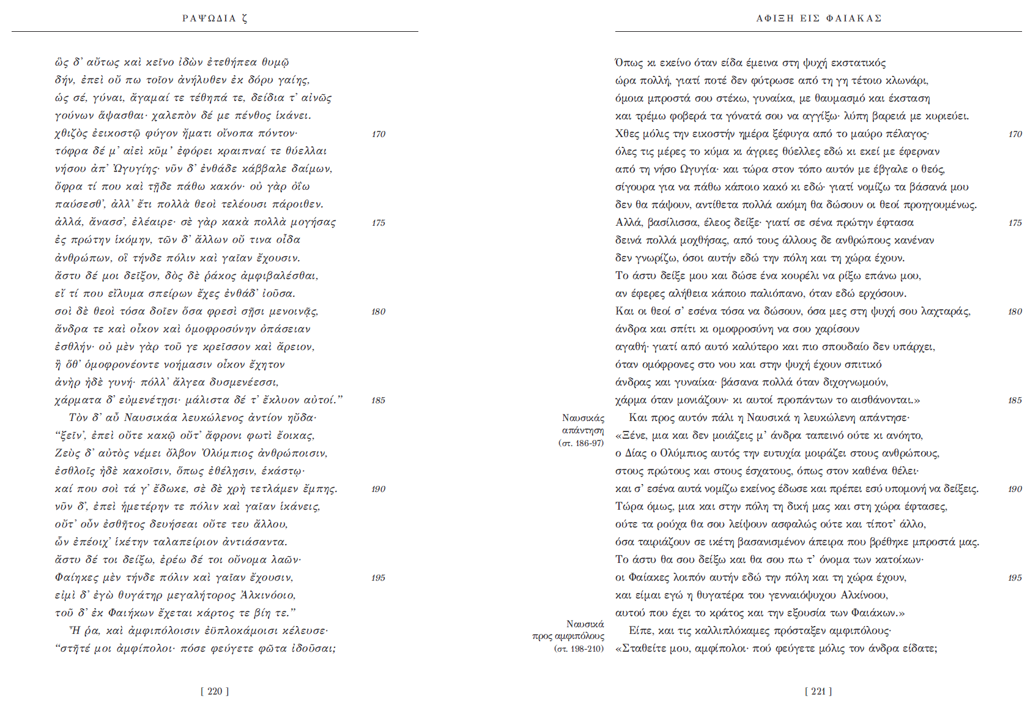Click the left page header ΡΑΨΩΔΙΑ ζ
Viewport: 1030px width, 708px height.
(215, 18)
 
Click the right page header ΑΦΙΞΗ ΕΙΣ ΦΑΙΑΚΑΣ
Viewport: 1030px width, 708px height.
(818, 18)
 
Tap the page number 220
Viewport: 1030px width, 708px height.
(215, 691)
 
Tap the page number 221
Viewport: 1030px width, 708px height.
(818, 691)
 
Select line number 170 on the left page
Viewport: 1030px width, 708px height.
(379, 134)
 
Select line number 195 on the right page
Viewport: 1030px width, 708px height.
(1015, 578)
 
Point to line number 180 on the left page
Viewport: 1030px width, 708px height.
(379, 311)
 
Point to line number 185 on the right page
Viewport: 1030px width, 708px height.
(1015, 400)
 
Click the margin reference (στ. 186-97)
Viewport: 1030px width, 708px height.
(581, 443)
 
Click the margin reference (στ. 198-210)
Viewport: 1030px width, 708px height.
(579, 649)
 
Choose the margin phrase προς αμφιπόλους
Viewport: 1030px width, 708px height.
(568, 636)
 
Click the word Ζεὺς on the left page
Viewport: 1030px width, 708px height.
(67, 453)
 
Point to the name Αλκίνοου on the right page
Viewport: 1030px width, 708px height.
(865, 595)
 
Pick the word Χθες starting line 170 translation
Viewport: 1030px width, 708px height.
(628, 134)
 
